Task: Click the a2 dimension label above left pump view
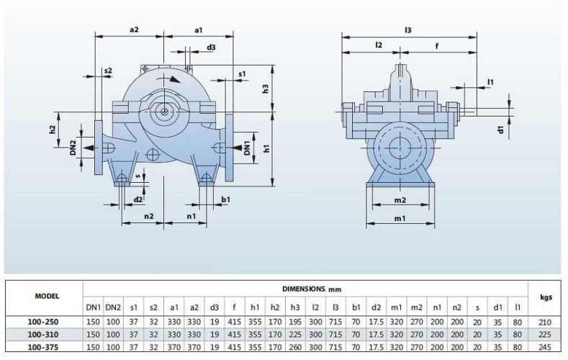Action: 133,29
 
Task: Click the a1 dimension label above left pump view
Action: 199,29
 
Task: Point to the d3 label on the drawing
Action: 211,47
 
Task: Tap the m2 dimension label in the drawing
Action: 400,199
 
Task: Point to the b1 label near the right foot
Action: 226,199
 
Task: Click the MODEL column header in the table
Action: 47,296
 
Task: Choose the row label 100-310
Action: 47,334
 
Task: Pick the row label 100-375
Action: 47,347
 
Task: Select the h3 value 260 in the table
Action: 295,347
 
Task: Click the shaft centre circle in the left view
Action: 166,111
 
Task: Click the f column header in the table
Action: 234,308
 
